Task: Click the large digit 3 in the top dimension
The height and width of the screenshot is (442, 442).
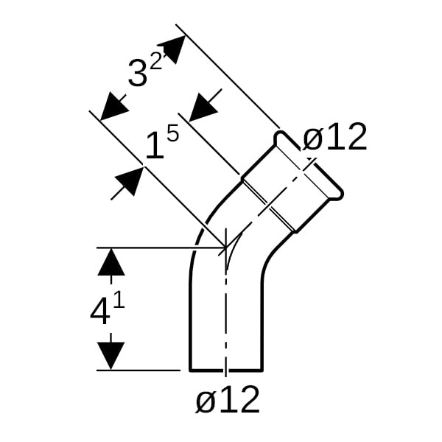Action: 138,74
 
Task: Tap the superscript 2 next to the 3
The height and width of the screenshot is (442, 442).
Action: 155,61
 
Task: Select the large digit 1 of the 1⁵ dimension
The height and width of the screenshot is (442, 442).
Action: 154,147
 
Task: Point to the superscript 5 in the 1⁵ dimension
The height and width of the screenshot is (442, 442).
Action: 171,134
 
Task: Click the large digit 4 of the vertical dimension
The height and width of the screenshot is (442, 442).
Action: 99,312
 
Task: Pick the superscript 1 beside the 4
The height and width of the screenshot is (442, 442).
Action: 119,301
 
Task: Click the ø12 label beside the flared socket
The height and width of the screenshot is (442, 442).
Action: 335,137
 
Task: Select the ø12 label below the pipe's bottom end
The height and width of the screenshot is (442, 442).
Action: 228,400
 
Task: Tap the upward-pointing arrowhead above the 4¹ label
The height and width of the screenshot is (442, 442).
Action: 111,262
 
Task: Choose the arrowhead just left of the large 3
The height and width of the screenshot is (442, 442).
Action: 113,107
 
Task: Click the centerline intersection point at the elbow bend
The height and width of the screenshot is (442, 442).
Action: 225,248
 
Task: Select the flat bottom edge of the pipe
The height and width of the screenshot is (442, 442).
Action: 225,370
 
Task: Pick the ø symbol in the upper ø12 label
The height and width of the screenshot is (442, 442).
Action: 313,138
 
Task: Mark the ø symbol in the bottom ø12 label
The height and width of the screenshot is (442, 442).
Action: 206,401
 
